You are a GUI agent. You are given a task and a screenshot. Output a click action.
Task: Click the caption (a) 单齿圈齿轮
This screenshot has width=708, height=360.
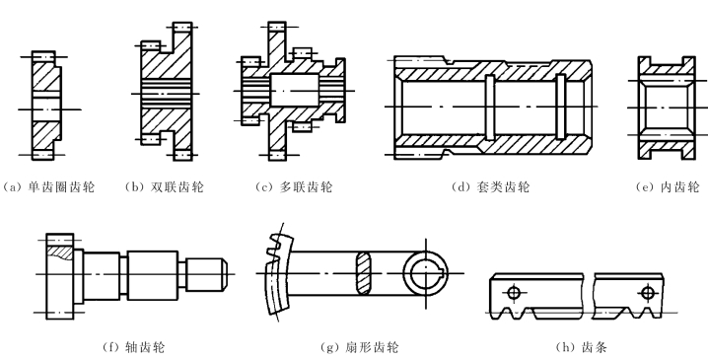(48, 187)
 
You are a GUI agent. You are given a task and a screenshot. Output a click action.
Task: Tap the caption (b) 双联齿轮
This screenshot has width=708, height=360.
(165, 187)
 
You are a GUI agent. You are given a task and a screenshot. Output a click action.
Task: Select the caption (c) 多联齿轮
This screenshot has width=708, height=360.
(294, 187)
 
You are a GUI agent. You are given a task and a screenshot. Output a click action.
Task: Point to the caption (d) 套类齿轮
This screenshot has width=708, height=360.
(491, 187)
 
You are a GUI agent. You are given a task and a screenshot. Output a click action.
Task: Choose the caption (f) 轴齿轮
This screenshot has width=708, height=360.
(134, 347)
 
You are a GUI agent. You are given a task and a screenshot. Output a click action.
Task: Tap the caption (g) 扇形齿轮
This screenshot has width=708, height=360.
(359, 347)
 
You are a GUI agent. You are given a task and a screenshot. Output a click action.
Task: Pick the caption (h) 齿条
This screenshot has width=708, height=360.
(582, 347)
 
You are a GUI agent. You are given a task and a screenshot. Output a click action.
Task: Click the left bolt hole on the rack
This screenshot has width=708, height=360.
(514, 293)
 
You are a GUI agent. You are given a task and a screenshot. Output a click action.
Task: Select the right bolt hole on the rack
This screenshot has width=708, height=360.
(648, 293)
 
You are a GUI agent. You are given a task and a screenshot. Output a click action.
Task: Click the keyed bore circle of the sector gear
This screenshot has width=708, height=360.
(426, 273)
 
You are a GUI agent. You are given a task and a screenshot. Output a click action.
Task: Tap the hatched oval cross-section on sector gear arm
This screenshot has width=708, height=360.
(364, 273)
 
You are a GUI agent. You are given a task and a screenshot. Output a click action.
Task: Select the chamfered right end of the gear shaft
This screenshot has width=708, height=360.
(224, 274)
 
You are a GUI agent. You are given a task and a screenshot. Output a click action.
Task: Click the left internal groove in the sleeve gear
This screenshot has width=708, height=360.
(489, 108)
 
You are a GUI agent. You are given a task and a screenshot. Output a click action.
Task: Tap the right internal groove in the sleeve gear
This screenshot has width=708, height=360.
(560, 108)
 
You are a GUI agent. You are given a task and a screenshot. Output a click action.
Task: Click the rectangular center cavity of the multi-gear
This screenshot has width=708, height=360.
(295, 91)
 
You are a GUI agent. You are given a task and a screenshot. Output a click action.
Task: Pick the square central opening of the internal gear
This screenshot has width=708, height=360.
(667, 108)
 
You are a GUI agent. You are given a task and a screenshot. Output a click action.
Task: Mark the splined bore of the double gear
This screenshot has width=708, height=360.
(167, 94)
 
